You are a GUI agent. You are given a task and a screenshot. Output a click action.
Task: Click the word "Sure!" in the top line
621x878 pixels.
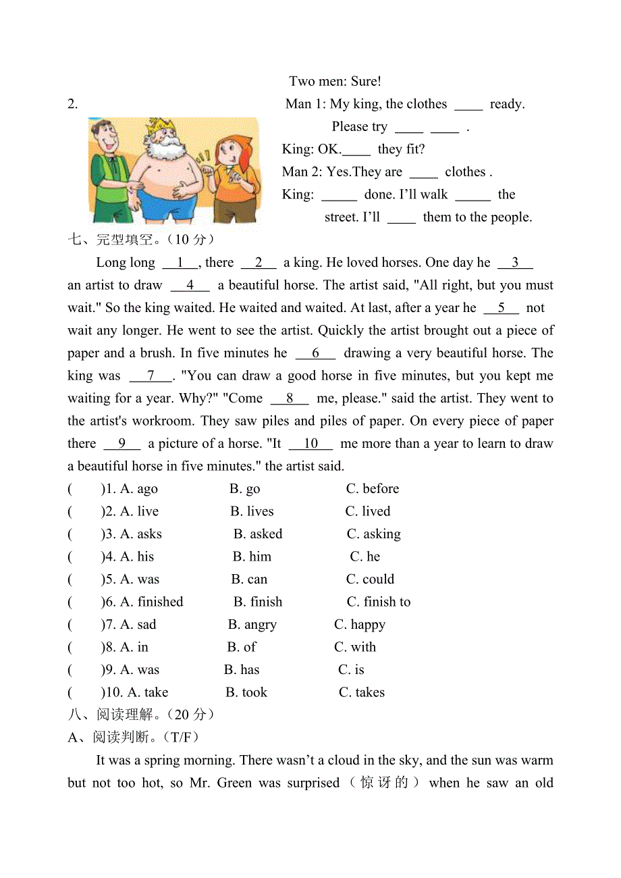click(x=366, y=82)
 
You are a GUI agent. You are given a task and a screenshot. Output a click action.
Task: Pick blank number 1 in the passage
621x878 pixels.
click(x=180, y=263)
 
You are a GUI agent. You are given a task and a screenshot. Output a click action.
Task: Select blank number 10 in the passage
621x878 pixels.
click(x=310, y=444)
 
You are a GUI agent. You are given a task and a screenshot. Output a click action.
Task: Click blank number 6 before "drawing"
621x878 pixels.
click(x=315, y=353)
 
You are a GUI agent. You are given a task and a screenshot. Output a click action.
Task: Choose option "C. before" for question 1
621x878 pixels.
click(x=372, y=489)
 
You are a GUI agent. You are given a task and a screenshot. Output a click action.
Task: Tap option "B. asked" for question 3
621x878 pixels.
click(x=258, y=534)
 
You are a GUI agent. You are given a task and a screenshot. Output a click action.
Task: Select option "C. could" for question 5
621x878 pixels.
click(x=370, y=579)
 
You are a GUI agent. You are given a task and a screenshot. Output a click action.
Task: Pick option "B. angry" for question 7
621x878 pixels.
click(x=252, y=625)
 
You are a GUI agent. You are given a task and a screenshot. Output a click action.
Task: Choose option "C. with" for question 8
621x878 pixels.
click(x=355, y=647)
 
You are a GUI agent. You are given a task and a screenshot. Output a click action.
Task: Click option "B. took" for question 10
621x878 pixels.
click(x=246, y=692)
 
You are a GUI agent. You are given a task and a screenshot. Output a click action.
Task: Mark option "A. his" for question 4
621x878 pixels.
click(x=137, y=557)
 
